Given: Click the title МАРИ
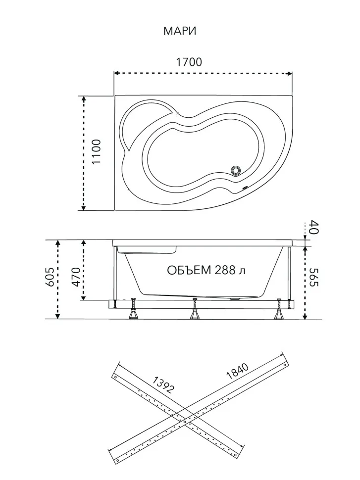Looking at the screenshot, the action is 180,31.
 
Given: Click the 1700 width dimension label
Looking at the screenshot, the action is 189,62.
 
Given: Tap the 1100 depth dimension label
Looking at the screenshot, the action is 97,151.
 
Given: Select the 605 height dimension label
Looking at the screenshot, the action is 50,277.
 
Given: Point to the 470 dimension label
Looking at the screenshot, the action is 76,277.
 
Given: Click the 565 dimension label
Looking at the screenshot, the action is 314,277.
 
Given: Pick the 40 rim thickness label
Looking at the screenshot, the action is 314,227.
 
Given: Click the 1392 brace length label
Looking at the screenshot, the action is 163,385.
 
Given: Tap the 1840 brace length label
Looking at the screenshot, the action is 237,371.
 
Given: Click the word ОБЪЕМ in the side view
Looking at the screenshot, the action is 189,270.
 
